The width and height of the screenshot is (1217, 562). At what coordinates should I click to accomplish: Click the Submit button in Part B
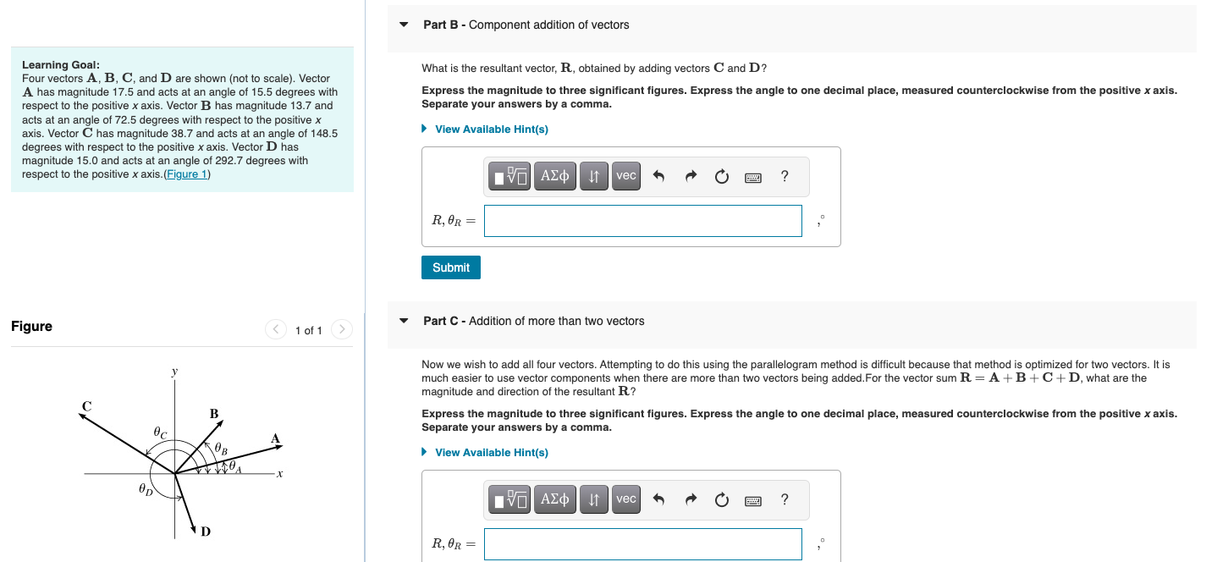pyautogui.click(x=451, y=267)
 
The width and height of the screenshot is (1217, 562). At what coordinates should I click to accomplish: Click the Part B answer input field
pyautogui.click(x=642, y=221)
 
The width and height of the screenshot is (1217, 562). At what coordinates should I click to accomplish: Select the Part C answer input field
pyautogui.click(x=642, y=544)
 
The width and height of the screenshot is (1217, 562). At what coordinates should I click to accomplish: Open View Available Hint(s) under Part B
pyautogui.click(x=491, y=129)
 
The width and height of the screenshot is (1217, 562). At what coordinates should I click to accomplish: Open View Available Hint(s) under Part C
pyautogui.click(x=491, y=453)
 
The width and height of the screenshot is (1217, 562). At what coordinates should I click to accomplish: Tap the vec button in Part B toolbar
pyautogui.click(x=626, y=176)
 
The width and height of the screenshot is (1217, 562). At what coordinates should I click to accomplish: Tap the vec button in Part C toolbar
pyautogui.click(x=626, y=499)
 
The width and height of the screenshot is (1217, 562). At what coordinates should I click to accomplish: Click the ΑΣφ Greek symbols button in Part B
pyautogui.click(x=554, y=176)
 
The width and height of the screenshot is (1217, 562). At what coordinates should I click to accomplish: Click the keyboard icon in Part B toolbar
pyautogui.click(x=752, y=177)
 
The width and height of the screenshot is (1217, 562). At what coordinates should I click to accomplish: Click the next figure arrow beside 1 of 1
pyautogui.click(x=341, y=329)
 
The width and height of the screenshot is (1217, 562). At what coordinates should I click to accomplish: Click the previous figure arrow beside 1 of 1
pyautogui.click(x=276, y=329)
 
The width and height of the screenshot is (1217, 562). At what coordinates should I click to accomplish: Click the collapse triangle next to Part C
pyautogui.click(x=404, y=322)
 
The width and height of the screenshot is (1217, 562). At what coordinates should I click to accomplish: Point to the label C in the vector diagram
pyautogui.click(x=85, y=406)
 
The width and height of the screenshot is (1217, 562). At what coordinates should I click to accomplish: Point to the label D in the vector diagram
pyautogui.click(x=206, y=532)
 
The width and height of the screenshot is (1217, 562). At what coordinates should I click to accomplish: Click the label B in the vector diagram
pyautogui.click(x=214, y=413)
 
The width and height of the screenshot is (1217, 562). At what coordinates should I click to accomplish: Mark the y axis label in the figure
pyautogui.click(x=175, y=371)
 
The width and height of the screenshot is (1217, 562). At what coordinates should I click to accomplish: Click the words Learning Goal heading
pyautogui.click(x=61, y=65)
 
